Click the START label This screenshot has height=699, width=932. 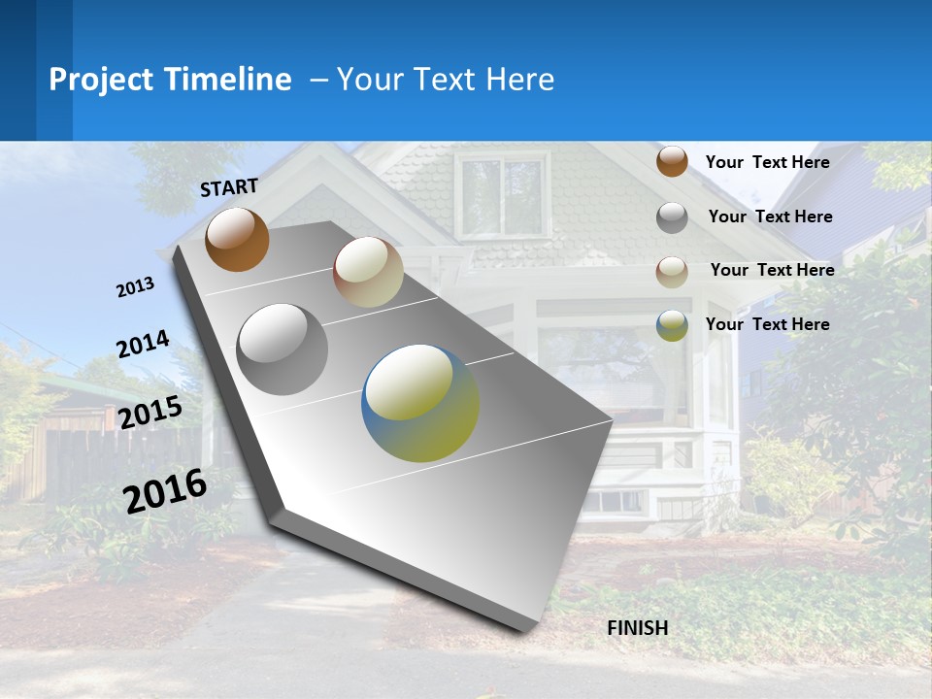click(229, 187)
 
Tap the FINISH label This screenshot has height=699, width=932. click(638, 628)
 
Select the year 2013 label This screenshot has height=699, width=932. click(135, 287)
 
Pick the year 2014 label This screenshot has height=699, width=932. click(143, 345)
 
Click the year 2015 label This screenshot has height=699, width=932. click(150, 413)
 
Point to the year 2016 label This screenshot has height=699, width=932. click(165, 490)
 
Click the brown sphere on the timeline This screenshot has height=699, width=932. click(237, 239)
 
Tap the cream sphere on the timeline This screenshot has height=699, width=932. click(368, 272)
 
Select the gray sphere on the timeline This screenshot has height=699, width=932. click(283, 349)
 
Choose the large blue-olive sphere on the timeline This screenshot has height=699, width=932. click(420, 403)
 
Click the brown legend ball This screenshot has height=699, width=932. click(672, 162)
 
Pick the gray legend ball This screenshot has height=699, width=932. click(672, 217)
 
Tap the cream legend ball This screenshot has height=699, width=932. click(672, 271)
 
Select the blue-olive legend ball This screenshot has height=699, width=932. click(672, 325)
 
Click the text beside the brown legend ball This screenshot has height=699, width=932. click(767, 162)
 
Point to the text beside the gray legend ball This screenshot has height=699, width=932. click(770, 216)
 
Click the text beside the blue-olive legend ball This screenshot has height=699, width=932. click(767, 324)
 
